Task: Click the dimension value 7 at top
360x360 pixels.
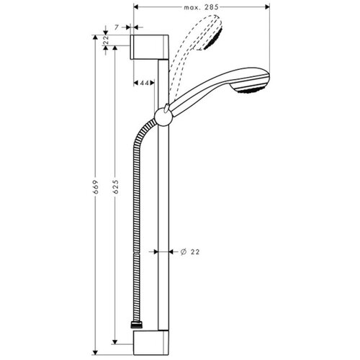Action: tap(116, 27)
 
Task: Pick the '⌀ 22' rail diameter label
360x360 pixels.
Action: tap(190, 251)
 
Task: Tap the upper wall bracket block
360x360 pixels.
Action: tap(150, 48)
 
